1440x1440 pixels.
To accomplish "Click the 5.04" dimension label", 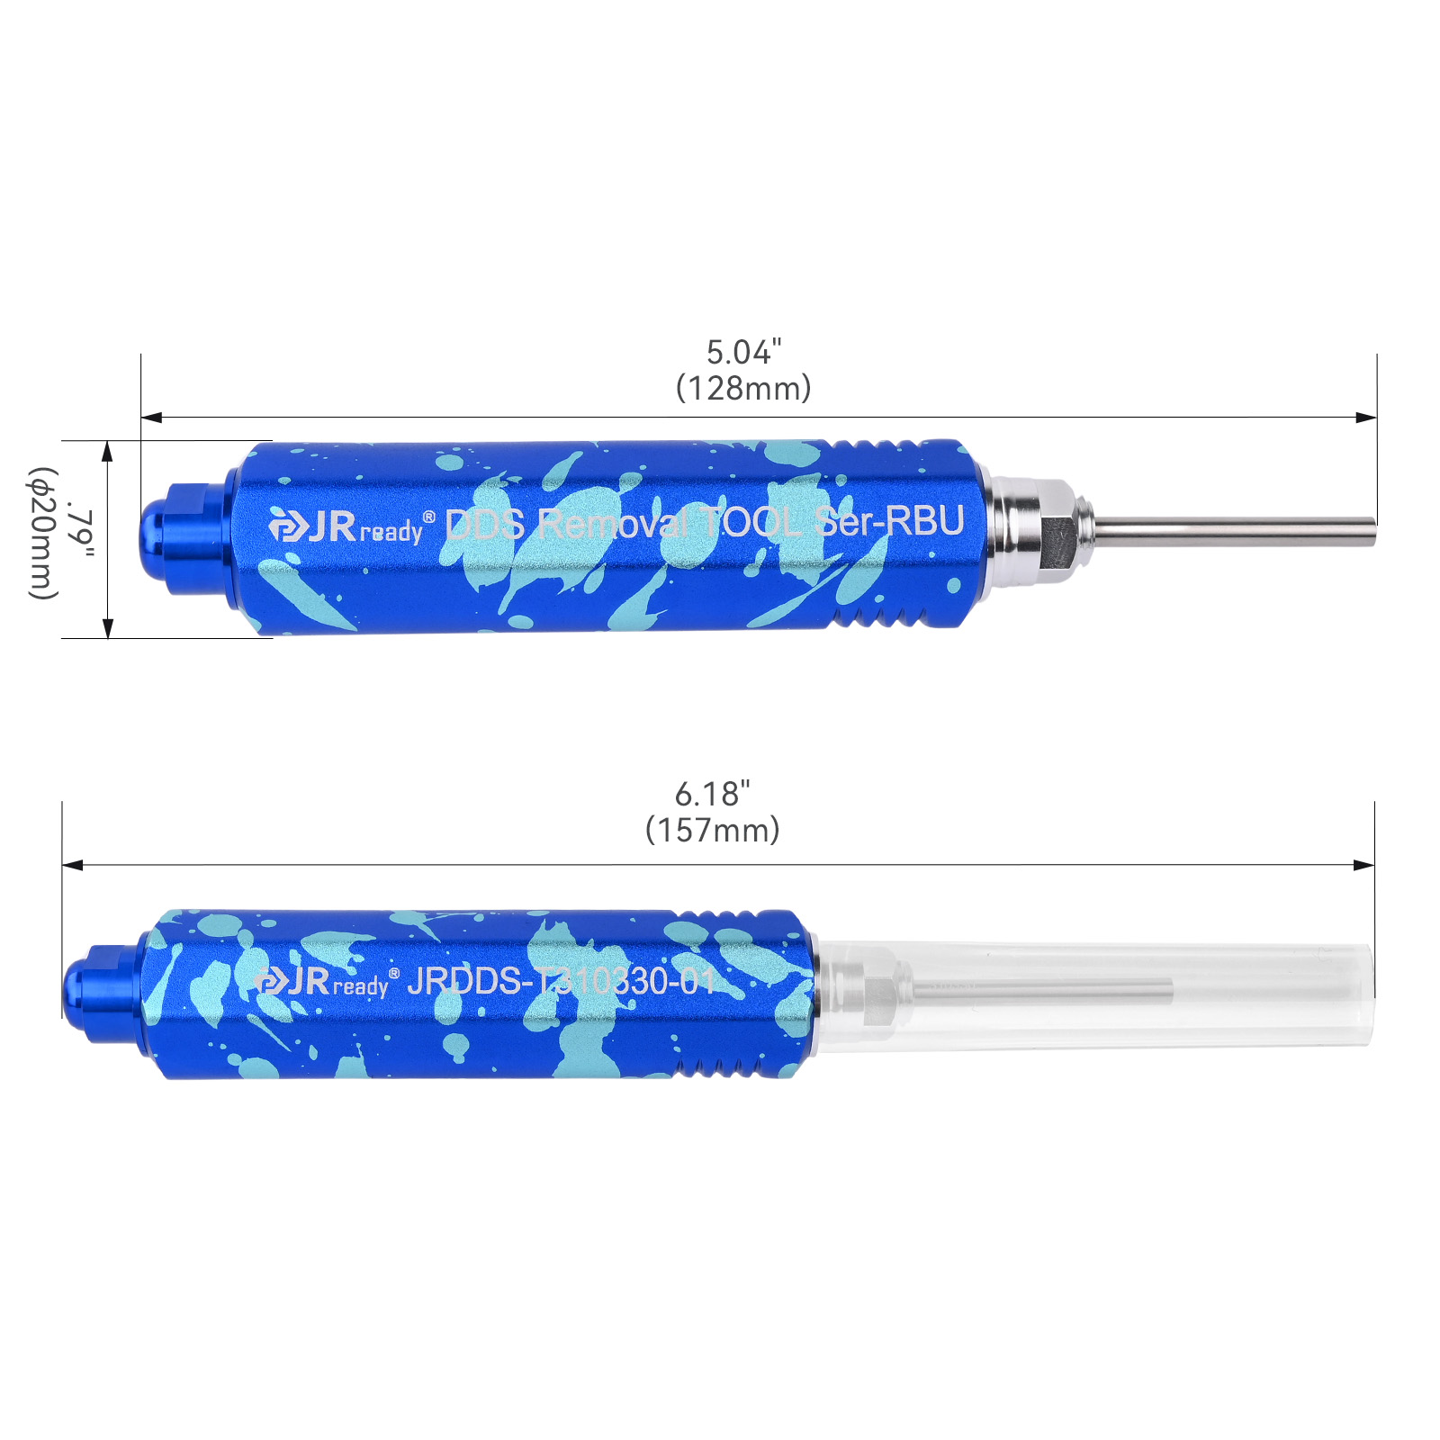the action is [x=743, y=352].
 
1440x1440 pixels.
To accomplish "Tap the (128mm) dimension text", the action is [x=743, y=388].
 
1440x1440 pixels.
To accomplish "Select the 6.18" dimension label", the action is [x=712, y=794].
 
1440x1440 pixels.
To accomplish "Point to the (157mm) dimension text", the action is [x=712, y=829].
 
